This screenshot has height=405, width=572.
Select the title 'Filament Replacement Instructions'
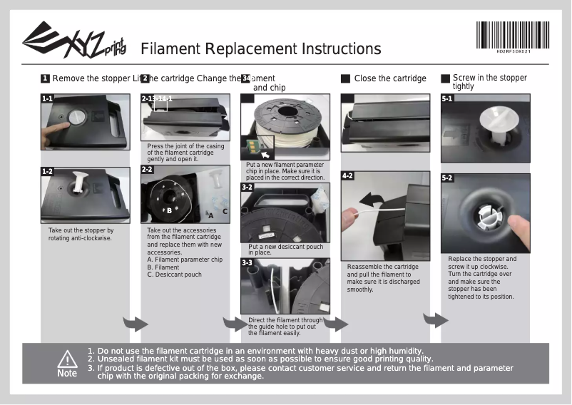tap(261, 49)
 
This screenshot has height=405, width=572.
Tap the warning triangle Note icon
tap(67, 362)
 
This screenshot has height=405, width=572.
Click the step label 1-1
tap(47, 99)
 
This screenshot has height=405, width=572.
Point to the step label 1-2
tap(47, 172)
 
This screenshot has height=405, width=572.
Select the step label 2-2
tap(147, 170)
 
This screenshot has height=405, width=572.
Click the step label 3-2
tap(247, 187)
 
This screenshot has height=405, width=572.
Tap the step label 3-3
tap(247, 262)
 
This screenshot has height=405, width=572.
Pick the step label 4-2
tap(348, 175)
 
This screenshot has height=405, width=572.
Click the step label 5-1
tap(447, 98)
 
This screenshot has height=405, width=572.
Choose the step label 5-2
tap(447, 178)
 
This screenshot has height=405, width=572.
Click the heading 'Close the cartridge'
tap(390, 78)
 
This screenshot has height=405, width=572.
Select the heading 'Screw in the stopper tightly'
tap(489, 82)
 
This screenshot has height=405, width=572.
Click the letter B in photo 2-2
tap(169, 210)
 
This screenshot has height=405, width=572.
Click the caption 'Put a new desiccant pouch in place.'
tap(285, 250)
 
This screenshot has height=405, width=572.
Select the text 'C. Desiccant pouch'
tap(174, 275)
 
